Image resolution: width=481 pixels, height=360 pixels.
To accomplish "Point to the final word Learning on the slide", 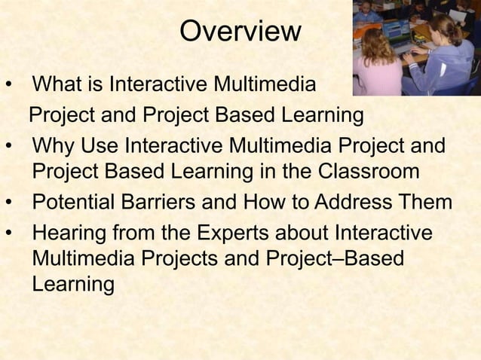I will point(74,285).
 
